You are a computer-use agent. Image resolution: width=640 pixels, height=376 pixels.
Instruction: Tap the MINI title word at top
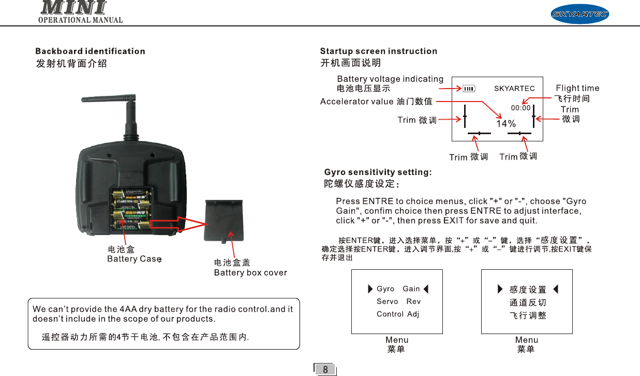(x=73, y=8)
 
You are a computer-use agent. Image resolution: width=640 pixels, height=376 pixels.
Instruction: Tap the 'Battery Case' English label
(x=134, y=259)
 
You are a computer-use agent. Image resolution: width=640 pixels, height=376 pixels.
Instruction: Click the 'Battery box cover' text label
(x=250, y=272)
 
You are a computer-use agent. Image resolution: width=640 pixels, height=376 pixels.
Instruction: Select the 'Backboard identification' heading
(x=90, y=51)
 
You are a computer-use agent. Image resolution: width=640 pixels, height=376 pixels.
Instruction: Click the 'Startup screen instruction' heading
(x=379, y=51)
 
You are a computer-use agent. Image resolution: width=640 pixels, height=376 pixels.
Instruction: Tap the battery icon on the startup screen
(x=469, y=89)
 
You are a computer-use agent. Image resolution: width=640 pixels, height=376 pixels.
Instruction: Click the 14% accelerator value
(x=506, y=124)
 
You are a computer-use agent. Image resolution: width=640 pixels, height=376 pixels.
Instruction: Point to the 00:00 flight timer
(x=520, y=108)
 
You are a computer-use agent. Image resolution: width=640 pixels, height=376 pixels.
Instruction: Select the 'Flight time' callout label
(x=577, y=88)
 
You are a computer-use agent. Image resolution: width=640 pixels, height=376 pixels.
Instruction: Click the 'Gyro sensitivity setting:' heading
(x=378, y=172)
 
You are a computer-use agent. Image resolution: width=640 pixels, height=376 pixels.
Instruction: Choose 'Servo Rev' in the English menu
(x=398, y=301)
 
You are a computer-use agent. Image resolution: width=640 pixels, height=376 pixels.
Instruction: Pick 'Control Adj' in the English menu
(x=398, y=314)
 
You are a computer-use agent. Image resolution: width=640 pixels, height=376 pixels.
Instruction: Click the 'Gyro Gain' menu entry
(x=398, y=288)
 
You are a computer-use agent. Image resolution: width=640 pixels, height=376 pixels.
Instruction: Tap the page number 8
(x=325, y=370)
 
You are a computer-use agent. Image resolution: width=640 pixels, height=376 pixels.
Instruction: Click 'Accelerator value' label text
(x=356, y=102)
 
